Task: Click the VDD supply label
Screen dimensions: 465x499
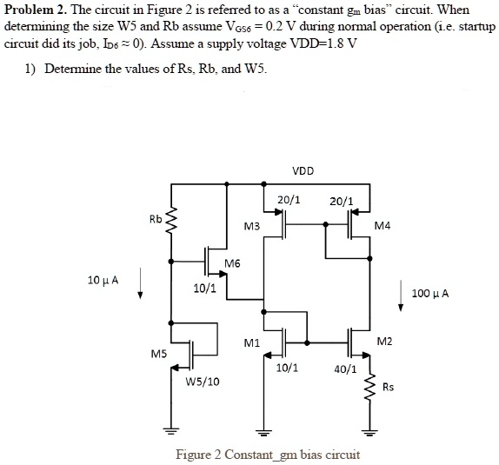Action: [303, 170]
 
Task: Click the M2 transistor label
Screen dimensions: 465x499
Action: [384, 342]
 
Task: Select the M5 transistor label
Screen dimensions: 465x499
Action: [158, 354]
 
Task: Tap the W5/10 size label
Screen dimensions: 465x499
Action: [203, 381]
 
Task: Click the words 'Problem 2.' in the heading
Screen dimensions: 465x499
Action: [32, 10]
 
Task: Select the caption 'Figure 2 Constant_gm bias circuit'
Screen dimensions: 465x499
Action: [268, 455]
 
